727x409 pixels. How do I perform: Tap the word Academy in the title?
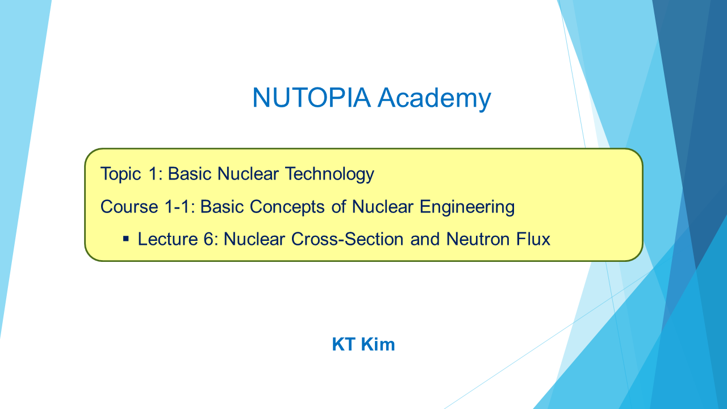click(x=434, y=99)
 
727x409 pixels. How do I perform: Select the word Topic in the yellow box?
click(x=121, y=174)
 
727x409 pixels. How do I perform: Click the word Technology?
click(x=330, y=174)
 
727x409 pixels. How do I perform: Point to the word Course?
click(x=129, y=207)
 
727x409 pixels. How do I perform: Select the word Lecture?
click(x=168, y=239)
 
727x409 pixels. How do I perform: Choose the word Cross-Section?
click(x=347, y=239)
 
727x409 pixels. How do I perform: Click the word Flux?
click(x=533, y=239)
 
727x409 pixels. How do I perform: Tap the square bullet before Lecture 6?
click(x=126, y=240)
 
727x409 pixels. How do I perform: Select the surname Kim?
click(x=378, y=344)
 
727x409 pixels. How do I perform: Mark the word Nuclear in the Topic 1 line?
click(x=248, y=174)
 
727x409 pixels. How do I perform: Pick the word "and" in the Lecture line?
click(x=425, y=239)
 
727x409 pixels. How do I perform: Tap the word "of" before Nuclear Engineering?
click(x=339, y=207)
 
